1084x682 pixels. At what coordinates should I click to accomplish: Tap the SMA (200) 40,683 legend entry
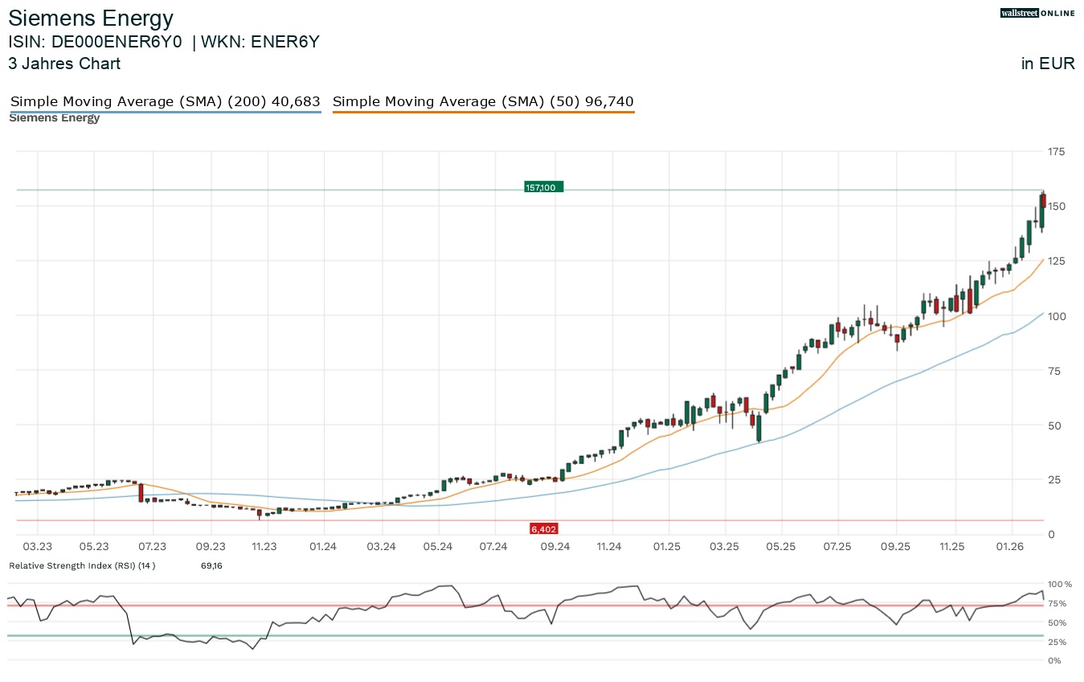click(x=165, y=102)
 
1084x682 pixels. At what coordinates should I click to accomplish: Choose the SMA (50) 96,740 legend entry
click(x=483, y=102)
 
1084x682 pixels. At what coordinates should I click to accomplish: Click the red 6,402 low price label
click(x=544, y=529)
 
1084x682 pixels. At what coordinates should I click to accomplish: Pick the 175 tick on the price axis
click(x=1055, y=152)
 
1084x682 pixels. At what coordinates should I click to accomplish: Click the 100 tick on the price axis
click(x=1055, y=316)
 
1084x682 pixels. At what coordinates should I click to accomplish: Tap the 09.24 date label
click(x=554, y=547)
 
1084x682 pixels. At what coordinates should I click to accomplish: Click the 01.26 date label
click(x=1010, y=547)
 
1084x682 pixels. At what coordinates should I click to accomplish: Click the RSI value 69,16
click(x=211, y=566)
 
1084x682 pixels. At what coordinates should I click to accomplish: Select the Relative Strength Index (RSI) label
click(x=80, y=566)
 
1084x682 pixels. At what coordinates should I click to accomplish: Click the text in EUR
click(x=1047, y=64)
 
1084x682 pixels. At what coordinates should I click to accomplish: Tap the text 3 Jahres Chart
click(x=64, y=64)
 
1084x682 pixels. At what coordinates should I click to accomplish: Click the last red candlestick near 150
click(x=1043, y=200)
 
